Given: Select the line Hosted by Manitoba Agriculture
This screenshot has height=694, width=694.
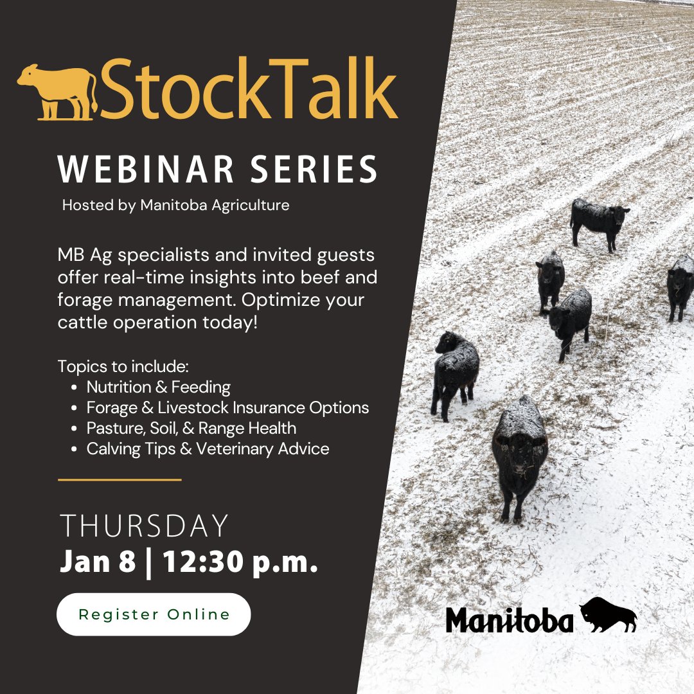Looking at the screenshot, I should (x=175, y=206).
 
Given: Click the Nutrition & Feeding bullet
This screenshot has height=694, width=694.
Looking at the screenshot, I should (x=158, y=387).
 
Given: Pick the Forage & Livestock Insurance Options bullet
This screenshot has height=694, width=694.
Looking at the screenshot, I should (x=227, y=407).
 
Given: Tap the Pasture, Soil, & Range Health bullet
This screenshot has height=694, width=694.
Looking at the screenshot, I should (x=191, y=428).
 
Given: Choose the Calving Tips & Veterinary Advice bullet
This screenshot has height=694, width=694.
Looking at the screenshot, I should (x=208, y=449).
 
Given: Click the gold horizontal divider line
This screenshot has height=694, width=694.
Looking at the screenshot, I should (x=120, y=479).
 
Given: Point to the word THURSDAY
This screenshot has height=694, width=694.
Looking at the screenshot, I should (x=145, y=526).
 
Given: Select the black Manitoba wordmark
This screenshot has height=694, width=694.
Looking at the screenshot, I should (x=510, y=621).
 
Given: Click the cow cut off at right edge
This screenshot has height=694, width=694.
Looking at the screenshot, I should (x=680, y=286).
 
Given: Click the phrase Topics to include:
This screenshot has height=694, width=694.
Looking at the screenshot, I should (x=123, y=366).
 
